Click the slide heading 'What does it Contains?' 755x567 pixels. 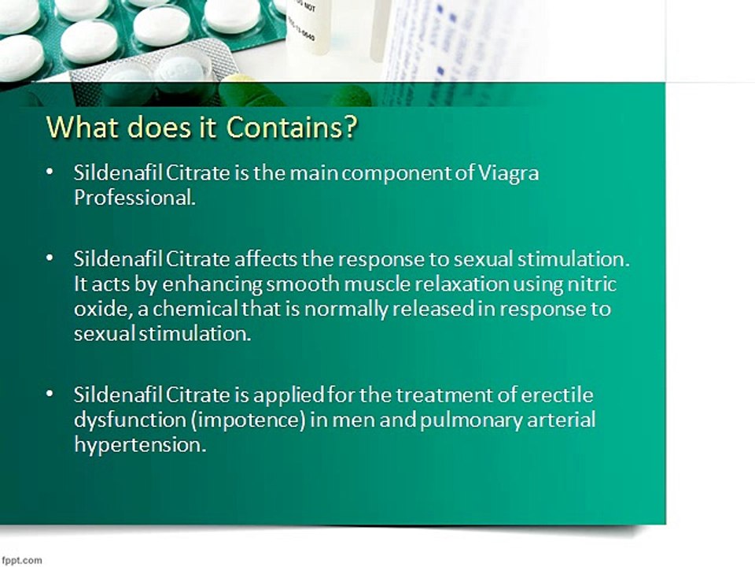point(201,128)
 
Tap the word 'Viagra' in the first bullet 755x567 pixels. point(509,173)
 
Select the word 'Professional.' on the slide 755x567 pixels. point(134,198)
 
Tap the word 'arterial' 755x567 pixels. point(560,419)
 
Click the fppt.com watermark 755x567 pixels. point(20,560)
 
